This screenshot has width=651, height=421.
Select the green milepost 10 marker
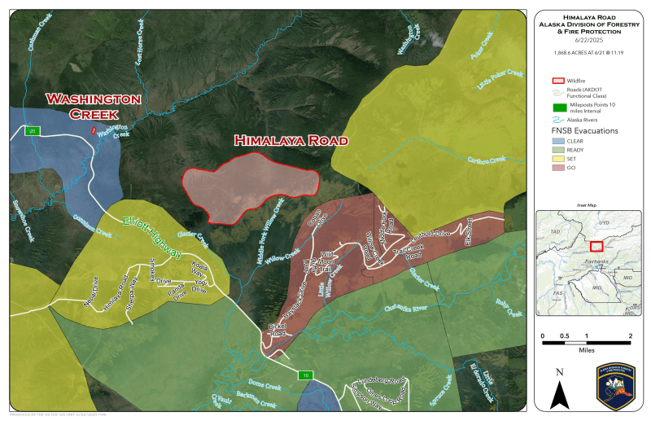[x=304, y=375]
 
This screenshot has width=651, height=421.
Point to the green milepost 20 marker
[x=33, y=130]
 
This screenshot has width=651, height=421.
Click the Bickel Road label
[x=277, y=330]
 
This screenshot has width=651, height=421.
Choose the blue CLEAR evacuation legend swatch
[x=558, y=141]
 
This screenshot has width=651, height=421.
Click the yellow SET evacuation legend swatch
[x=558, y=159]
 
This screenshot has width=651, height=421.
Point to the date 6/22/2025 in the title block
[x=590, y=40]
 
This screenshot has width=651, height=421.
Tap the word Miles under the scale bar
[x=586, y=351]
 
